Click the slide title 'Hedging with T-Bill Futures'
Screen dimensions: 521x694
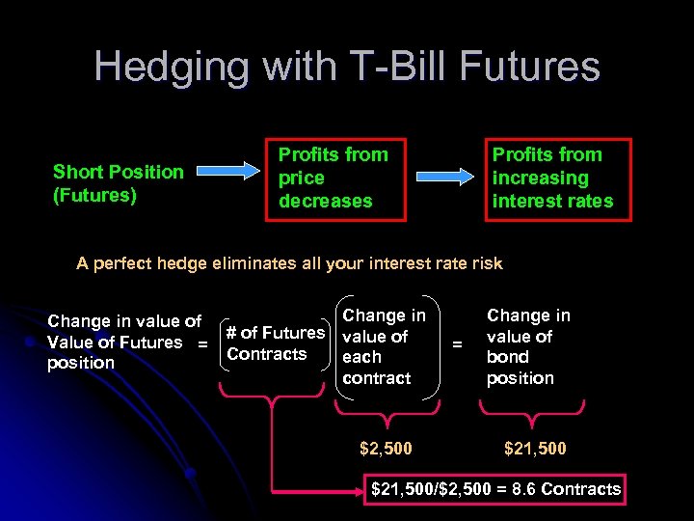347,67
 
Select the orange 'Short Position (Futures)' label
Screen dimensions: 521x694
118,183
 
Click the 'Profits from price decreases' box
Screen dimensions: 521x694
334,178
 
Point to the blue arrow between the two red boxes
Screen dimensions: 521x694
444,176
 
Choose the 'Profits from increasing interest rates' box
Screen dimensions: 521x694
557,178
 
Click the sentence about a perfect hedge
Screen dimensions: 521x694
289,263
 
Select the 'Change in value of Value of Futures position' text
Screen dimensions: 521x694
123,343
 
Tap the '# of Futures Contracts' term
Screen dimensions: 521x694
275,343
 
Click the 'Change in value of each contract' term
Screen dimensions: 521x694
384,345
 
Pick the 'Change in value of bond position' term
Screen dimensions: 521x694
528,345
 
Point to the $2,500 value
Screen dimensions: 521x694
386,449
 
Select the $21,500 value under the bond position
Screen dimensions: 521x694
535,449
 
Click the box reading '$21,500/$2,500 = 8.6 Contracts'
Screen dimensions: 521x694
495,489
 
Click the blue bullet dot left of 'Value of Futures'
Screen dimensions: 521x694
31,343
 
